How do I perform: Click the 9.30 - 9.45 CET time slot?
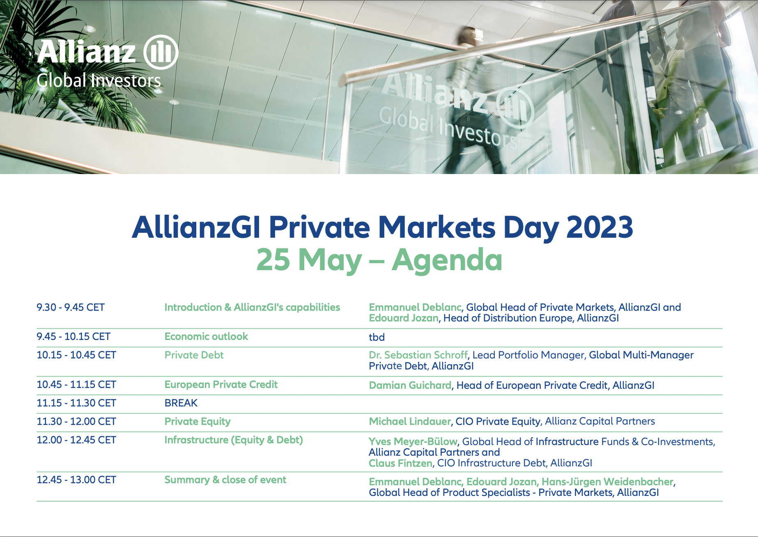point(71,308)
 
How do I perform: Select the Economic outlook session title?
point(206,337)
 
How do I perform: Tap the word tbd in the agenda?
point(377,337)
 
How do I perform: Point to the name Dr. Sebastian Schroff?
point(418,355)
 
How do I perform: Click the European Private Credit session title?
point(221,385)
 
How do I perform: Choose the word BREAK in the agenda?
point(181,403)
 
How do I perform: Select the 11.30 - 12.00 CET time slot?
point(76,422)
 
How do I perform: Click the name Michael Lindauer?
point(410,421)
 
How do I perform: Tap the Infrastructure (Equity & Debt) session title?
point(234,440)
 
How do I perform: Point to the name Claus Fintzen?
point(400,463)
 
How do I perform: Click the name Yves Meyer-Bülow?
point(413,442)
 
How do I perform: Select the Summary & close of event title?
point(225,480)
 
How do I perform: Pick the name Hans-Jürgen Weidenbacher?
point(607,482)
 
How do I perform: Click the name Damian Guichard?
point(410,385)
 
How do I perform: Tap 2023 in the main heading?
point(600,227)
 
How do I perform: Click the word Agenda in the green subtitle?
point(447,261)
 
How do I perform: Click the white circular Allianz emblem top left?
point(161,52)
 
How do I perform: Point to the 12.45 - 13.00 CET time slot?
point(76,480)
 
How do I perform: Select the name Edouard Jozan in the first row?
point(404,318)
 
